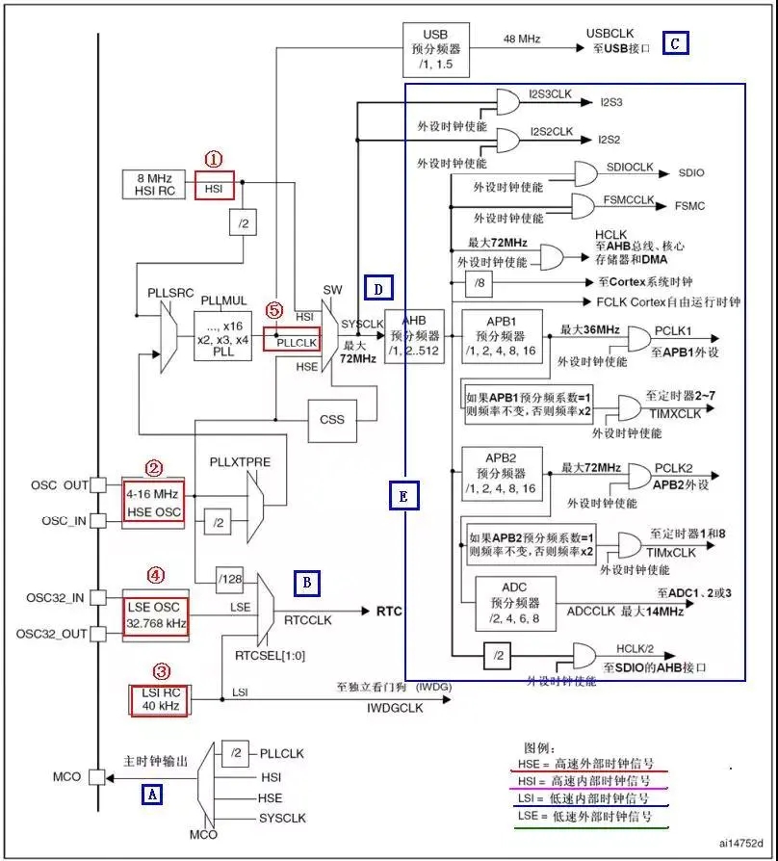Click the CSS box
331,419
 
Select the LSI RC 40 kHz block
158,699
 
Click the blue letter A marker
151,794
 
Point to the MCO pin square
96,776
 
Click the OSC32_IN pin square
96,598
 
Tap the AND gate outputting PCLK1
639,338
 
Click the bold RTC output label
389,611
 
